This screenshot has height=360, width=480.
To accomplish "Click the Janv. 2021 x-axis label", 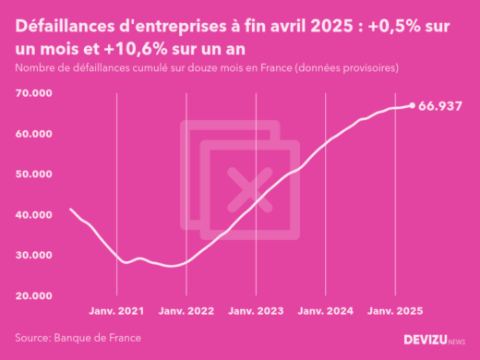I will (117, 312).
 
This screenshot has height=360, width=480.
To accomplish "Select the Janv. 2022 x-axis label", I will (186, 312).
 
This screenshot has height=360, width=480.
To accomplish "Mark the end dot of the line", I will (412, 105).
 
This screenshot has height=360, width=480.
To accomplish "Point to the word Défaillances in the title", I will (70, 27).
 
